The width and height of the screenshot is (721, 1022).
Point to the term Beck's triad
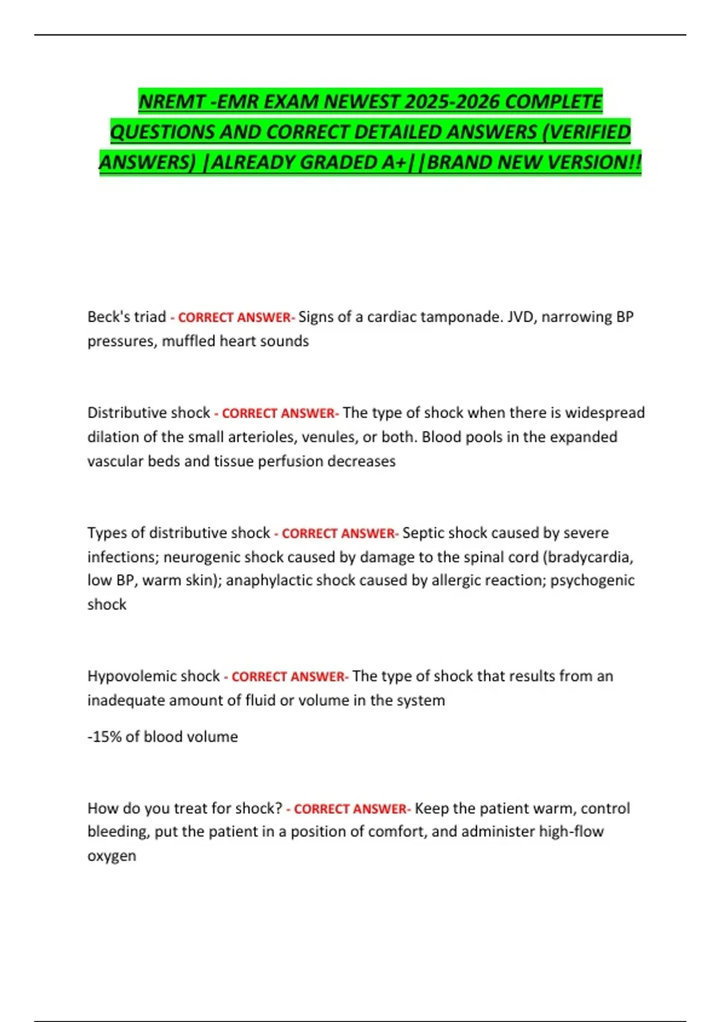(x=127, y=317)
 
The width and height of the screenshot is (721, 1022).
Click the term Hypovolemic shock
(x=154, y=676)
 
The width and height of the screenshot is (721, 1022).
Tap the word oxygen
(x=112, y=856)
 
